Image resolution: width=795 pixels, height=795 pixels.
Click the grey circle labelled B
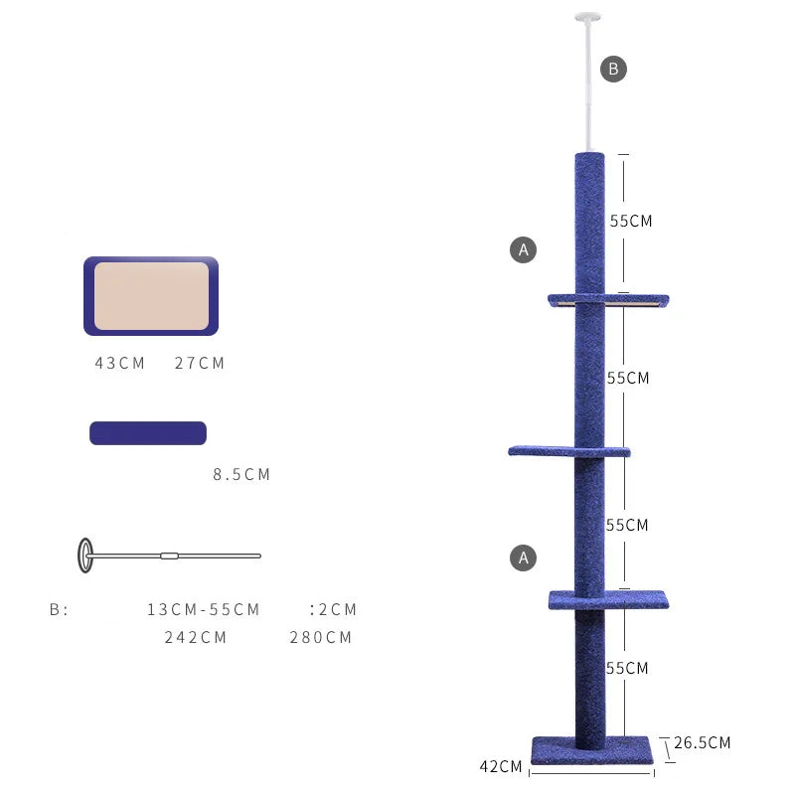coord(613,69)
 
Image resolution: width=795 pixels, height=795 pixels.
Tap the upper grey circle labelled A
coord(524,249)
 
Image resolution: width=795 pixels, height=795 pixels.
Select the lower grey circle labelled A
coord(524,557)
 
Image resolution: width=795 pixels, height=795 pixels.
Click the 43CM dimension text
coord(119,363)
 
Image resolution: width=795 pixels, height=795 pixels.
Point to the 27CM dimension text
coord(200,363)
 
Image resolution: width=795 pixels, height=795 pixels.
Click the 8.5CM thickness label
coord(241,475)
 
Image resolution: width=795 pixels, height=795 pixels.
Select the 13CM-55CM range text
coord(204,609)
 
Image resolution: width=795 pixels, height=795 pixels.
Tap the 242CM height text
coord(195,637)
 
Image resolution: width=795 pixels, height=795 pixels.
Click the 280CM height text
coord(320,637)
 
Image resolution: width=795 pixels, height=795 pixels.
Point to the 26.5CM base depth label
coord(703,742)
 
